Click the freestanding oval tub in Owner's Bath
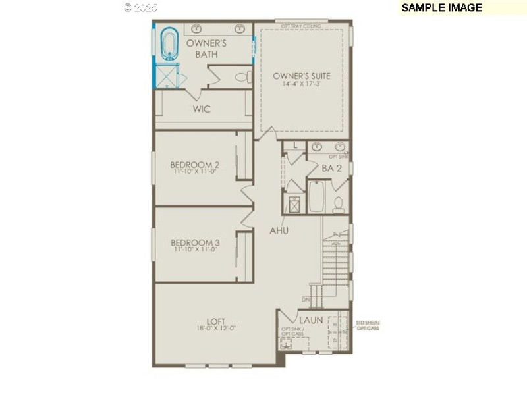(170, 44)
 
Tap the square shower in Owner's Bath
(169, 77)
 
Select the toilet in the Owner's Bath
(242, 78)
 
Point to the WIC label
(202, 109)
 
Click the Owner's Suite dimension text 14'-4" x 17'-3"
(302, 84)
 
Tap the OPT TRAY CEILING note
(301, 26)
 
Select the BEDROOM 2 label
(195, 165)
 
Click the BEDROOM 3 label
(195, 243)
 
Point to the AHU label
(279, 231)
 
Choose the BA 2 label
(331, 169)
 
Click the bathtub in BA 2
(316, 197)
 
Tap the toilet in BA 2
(338, 204)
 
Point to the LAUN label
(312, 320)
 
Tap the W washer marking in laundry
(334, 323)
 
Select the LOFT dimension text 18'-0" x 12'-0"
(216, 328)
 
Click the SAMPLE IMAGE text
(441, 8)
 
